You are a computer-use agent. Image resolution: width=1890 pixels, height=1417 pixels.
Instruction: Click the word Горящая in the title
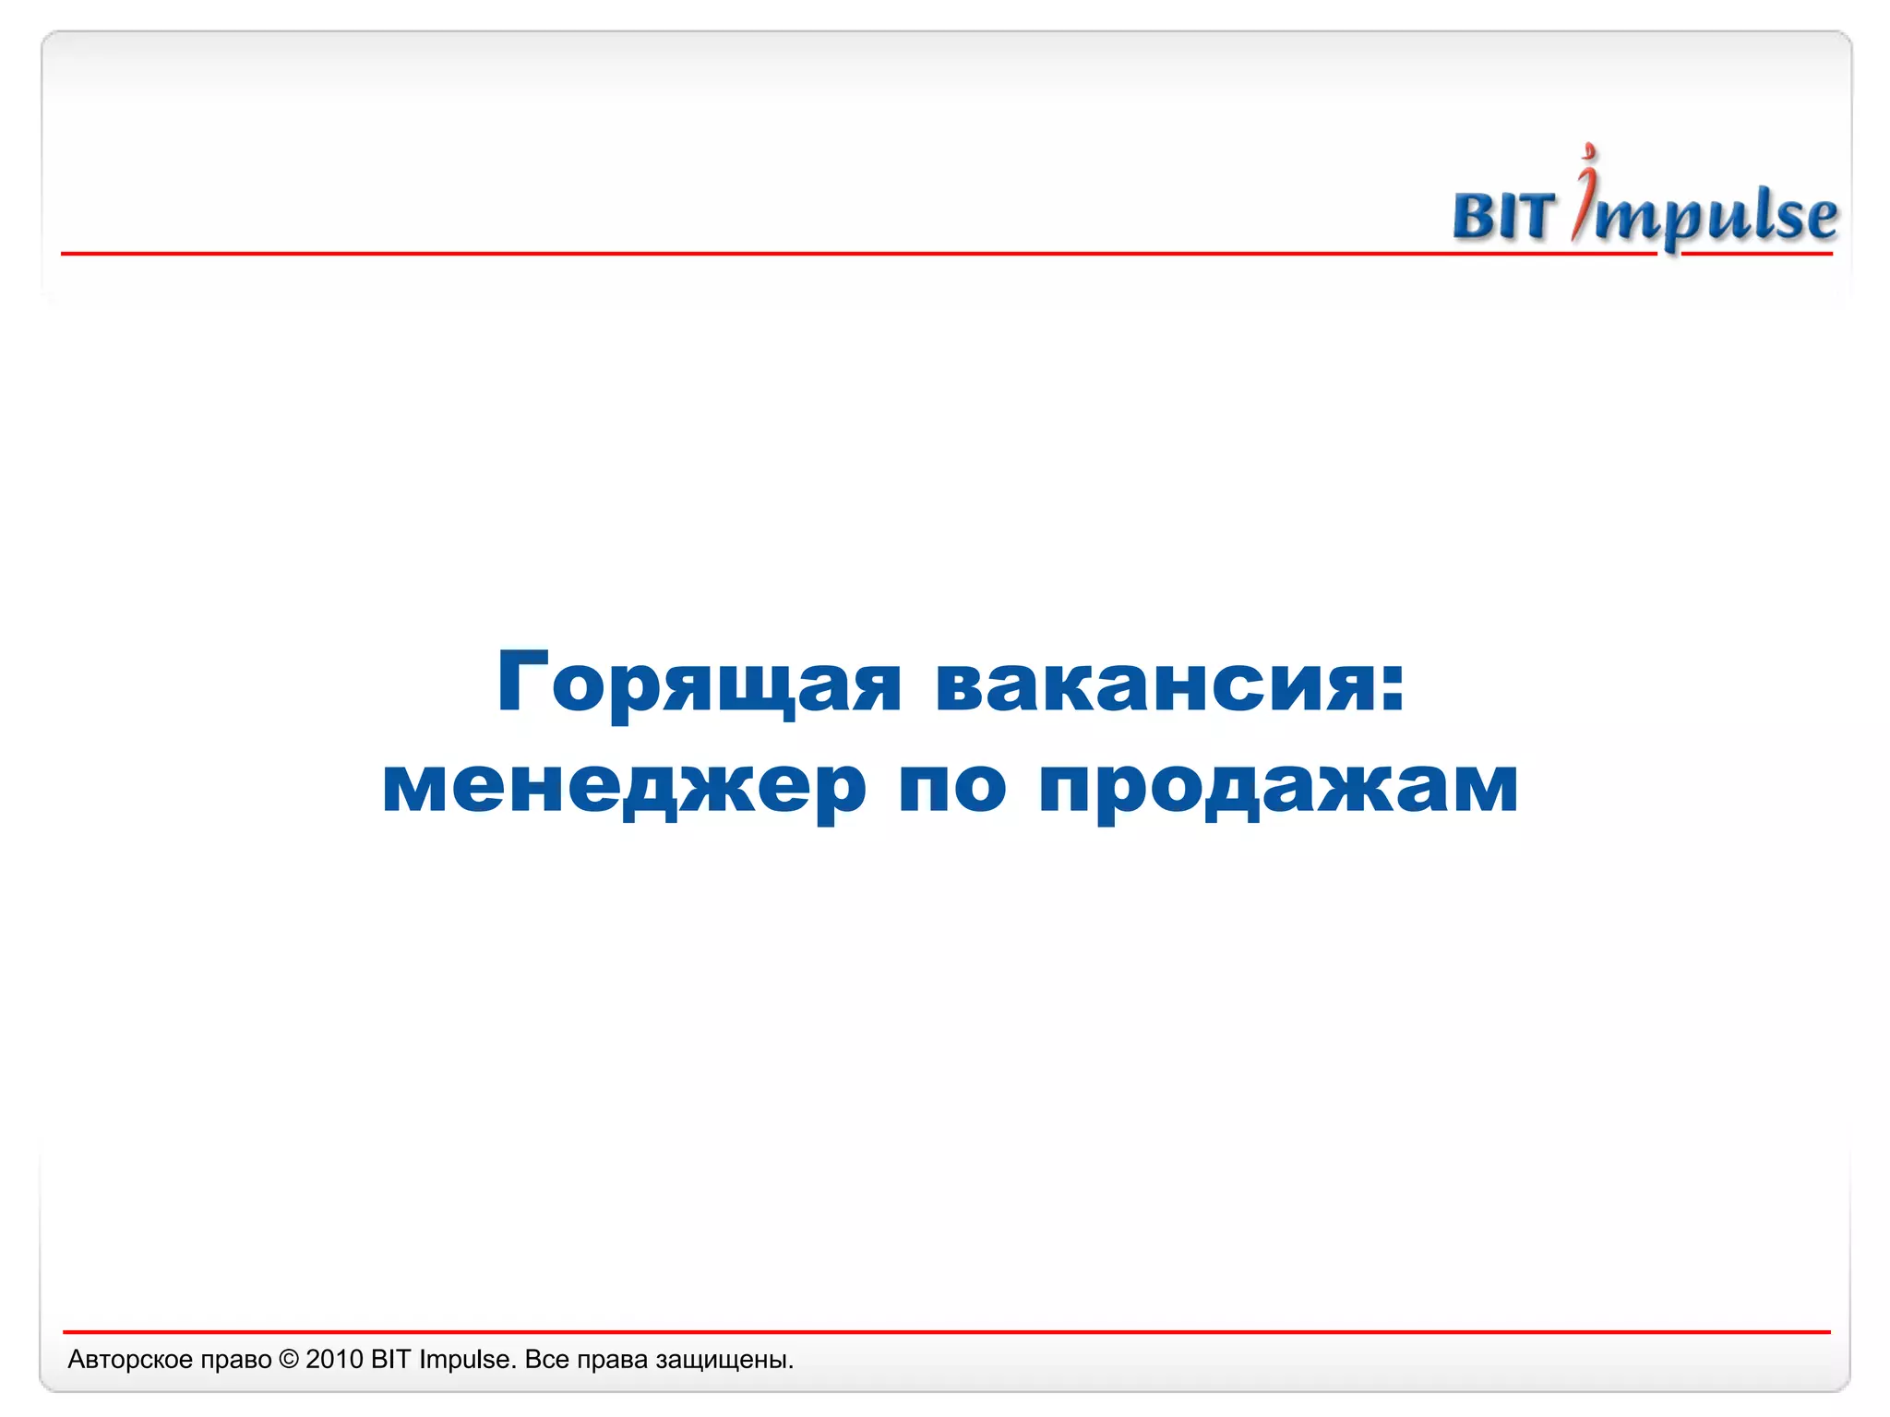coord(699,685)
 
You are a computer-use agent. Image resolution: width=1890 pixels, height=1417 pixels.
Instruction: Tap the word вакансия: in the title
coord(1170,685)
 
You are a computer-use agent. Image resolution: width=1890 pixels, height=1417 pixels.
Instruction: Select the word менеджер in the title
coord(623,787)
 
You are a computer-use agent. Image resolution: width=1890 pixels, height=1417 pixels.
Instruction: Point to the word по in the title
coord(952,787)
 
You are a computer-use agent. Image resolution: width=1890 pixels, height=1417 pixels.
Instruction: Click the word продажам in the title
coord(1278,787)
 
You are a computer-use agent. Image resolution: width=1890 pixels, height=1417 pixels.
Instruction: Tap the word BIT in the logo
coord(1504,217)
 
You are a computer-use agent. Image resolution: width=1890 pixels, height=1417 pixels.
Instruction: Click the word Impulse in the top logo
coord(1707,217)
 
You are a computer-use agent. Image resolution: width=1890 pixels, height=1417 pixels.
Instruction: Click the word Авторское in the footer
coord(130,1360)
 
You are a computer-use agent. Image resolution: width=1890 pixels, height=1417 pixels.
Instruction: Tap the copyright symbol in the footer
coord(289,1360)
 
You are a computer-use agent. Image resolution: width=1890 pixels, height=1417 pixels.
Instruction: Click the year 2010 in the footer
coord(334,1360)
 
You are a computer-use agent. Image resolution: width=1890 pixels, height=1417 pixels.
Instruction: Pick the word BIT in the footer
coord(391,1360)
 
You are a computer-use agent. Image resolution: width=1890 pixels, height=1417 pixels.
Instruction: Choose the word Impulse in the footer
coord(466,1360)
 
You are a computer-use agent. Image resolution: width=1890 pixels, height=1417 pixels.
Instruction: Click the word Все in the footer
coord(546,1360)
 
